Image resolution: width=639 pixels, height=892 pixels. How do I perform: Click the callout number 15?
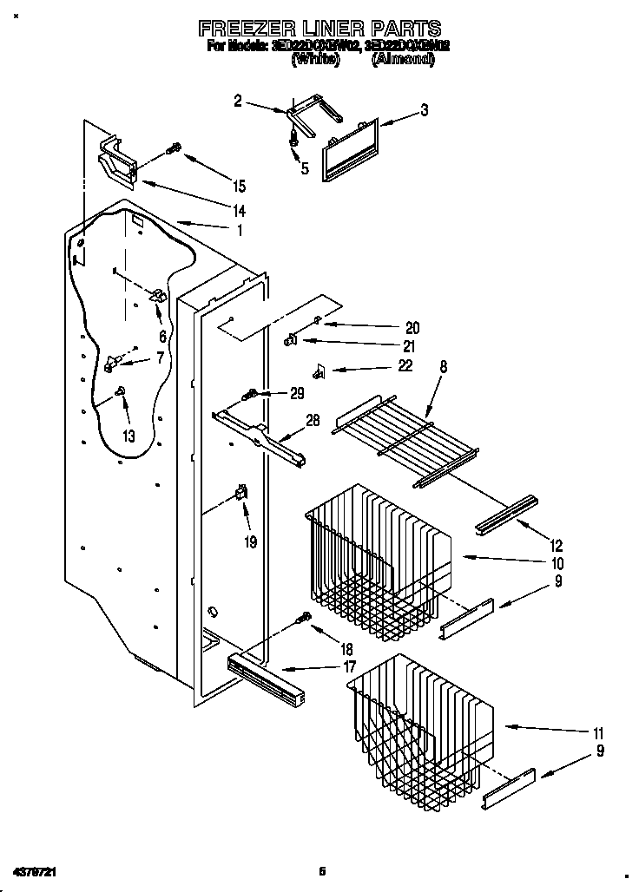239,186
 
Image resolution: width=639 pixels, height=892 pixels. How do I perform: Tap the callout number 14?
239,210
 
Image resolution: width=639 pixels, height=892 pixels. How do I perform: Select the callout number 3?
425,109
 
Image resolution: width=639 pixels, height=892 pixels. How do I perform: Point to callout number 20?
412,328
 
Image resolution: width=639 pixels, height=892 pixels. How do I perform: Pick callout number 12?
557,546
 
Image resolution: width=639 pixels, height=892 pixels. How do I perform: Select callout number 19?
251,543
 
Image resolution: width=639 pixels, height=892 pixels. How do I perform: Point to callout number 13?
128,436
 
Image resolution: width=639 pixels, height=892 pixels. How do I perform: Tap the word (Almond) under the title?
403,60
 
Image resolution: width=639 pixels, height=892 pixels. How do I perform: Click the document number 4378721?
37,871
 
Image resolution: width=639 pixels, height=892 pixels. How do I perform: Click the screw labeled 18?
304,619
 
